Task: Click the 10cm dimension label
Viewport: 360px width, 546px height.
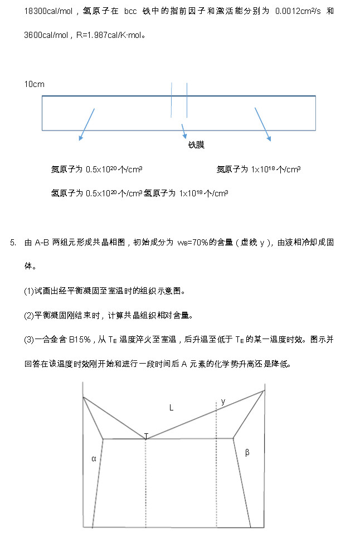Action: (34, 84)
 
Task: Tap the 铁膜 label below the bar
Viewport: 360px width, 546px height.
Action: (196, 145)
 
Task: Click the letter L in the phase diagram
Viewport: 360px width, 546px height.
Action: (172, 408)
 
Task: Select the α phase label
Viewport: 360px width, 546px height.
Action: (94, 458)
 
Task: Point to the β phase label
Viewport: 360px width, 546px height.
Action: (247, 452)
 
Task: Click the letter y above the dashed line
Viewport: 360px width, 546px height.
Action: (223, 401)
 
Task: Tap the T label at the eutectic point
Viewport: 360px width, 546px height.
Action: (146, 436)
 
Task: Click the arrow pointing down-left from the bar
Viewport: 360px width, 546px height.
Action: (86, 124)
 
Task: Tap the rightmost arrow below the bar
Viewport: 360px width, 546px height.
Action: (262, 124)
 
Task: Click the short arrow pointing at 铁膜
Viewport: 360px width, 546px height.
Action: (183, 131)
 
